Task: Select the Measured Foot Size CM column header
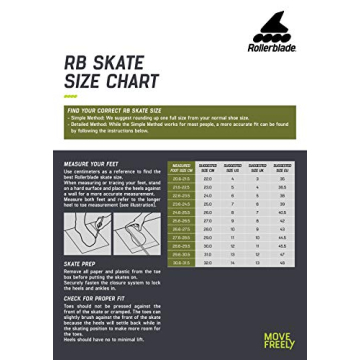pos(181,168)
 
